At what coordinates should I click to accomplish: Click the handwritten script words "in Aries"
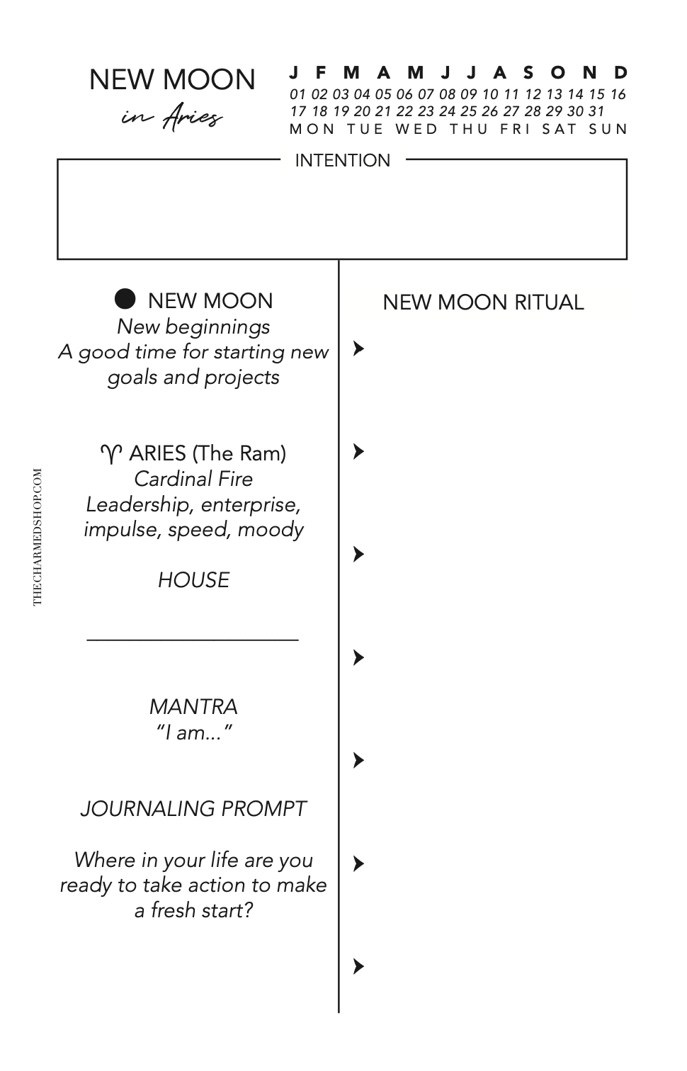point(172,117)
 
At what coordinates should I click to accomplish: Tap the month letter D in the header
point(620,72)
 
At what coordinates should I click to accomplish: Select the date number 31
point(596,111)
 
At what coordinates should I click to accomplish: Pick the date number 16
point(618,94)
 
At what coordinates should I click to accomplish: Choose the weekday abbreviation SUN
point(608,129)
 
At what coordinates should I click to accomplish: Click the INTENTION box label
point(342,161)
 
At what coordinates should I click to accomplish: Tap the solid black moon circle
point(125,299)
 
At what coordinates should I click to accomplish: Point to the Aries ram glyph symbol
point(111,453)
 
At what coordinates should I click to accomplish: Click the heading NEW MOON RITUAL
point(483,302)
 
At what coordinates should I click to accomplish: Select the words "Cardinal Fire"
point(193,479)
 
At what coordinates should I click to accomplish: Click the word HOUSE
point(193,580)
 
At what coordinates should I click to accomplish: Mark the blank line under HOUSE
point(193,640)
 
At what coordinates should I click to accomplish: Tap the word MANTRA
point(193,706)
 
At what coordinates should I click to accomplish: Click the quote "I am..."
point(193,732)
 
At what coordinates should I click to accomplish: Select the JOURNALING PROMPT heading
point(193,808)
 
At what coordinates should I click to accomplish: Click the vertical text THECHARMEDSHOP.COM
point(38,536)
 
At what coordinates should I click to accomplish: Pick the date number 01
point(297,94)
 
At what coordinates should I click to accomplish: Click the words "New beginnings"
point(193,327)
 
